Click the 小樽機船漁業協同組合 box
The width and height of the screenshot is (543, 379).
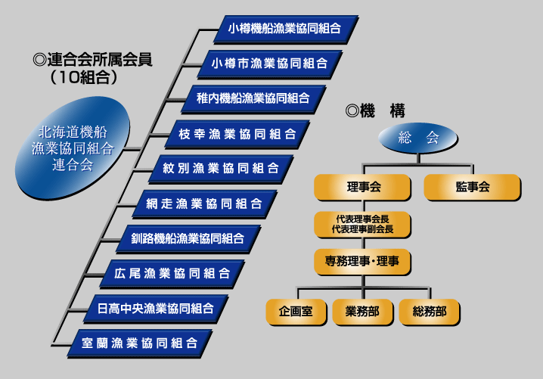[284, 29]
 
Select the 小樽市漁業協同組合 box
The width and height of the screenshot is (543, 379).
[268, 63]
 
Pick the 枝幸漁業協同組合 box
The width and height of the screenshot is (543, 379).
[237, 133]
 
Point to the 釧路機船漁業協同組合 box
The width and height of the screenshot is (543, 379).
[188, 238]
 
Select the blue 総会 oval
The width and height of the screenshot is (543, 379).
[419, 138]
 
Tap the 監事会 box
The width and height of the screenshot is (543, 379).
[473, 187]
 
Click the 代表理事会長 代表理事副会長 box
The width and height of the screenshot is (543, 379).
[363, 223]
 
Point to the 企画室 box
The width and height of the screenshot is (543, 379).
[296, 312]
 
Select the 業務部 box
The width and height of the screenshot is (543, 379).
[362, 312]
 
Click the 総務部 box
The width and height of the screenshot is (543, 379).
[429, 312]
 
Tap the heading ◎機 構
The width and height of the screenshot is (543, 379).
[375, 110]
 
